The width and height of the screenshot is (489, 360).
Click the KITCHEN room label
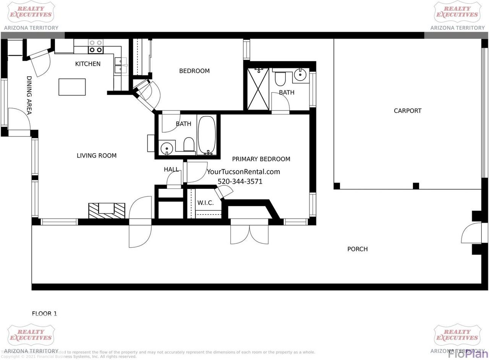(87, 64)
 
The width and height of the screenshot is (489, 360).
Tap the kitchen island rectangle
(72, 87)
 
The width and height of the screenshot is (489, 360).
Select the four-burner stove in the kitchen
(96, 46)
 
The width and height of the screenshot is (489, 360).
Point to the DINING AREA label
(29, 95)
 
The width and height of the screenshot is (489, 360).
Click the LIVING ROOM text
(96, 156)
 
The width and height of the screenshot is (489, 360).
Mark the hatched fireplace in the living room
(107, 211)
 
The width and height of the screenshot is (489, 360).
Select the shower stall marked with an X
(258, 89)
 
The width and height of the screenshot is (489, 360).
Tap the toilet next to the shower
(280, 78)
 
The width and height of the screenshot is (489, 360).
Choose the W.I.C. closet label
(205, 203)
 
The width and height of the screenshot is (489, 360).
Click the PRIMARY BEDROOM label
(261, 159)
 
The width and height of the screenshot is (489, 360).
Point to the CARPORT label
(407, 111)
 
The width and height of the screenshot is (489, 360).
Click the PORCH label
(357, 249)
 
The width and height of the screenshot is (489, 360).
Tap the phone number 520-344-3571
(240, 182)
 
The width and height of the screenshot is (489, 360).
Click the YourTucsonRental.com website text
(243, 172)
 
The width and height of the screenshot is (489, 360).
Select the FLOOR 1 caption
(44, 314)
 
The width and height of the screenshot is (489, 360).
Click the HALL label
(171, 169)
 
